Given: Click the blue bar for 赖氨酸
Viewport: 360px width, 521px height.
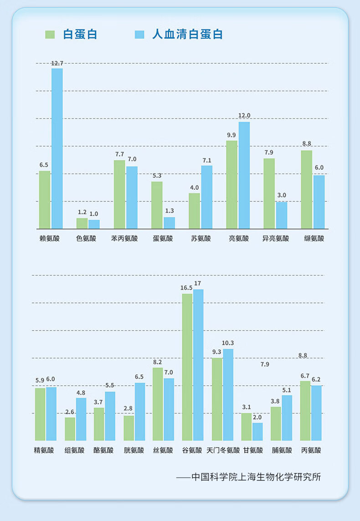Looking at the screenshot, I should click(x=57, y=148).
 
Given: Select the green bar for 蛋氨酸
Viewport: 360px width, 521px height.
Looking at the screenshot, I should click(x=157, y=205).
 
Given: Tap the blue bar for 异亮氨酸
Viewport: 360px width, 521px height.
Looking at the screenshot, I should click(x=282, y=215).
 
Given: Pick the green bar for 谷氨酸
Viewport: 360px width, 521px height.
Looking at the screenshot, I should click(x=187, y=367).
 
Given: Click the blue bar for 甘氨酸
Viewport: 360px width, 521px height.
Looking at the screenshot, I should click(x=257, y=431).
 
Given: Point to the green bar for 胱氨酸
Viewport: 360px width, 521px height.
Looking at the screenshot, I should click(x=129, y=428).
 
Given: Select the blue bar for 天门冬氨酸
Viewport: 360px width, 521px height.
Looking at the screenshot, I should click(x=228, y=394).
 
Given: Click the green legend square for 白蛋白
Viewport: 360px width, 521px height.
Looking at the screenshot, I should click(x=50, y=35).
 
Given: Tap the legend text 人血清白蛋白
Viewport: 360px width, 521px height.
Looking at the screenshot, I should click(x=187, y=35).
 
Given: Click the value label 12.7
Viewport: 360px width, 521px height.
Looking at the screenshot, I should click(x=57, y=63).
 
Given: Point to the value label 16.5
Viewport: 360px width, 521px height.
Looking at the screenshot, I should click(x=186, y=288).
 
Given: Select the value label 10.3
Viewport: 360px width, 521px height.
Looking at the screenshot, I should click(x=228, y=343).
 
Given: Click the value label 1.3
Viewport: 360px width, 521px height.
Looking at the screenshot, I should click(x=169, y=211).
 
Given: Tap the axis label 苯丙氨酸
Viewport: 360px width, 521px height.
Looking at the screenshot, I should click(x=124, y=238).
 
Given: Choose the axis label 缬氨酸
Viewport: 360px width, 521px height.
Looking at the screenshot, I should click(x=314, y=238).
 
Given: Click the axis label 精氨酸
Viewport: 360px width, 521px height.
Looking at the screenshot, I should click(x=44, y=450).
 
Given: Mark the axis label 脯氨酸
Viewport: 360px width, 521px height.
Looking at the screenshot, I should click(x=282, y=450).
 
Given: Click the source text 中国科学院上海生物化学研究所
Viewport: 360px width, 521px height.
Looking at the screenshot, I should click(x=256, y=477).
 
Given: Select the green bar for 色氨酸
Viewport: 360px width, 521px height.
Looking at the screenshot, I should click(x=82, y=223).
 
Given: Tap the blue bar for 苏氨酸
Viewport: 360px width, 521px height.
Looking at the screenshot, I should click(x=206, y=197).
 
